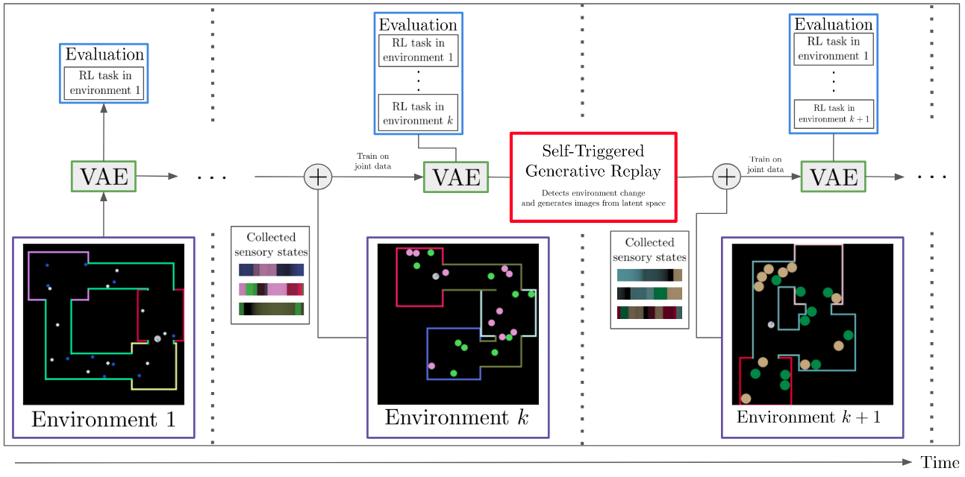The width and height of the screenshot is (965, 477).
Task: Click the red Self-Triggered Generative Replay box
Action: click(593, 177)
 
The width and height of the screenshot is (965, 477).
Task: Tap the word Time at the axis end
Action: click(939, 463)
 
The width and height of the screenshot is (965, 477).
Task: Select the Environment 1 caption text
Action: click(104, 420)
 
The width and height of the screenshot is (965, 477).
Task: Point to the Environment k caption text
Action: click(457, 417)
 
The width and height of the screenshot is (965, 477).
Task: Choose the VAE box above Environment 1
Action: click(104, 177)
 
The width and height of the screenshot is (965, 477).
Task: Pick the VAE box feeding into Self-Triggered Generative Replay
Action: click(457, 177)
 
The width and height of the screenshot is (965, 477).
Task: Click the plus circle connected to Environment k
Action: click(318, 177)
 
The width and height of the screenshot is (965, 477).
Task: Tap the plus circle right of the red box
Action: click(725, 177)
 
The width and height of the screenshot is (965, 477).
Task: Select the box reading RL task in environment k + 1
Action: click(833, 113)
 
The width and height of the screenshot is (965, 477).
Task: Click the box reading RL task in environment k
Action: click(418, 113)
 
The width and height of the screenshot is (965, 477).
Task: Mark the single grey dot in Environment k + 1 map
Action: click(771, 325)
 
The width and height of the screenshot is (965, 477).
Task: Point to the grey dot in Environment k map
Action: click(436, 277)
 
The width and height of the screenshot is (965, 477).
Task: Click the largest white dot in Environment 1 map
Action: click(157, 339)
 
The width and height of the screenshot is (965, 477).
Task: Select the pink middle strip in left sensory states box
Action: click(272, 289)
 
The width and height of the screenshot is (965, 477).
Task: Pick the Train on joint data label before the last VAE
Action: click(766, 163)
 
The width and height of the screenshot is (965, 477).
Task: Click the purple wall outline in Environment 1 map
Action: click(29, 276)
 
